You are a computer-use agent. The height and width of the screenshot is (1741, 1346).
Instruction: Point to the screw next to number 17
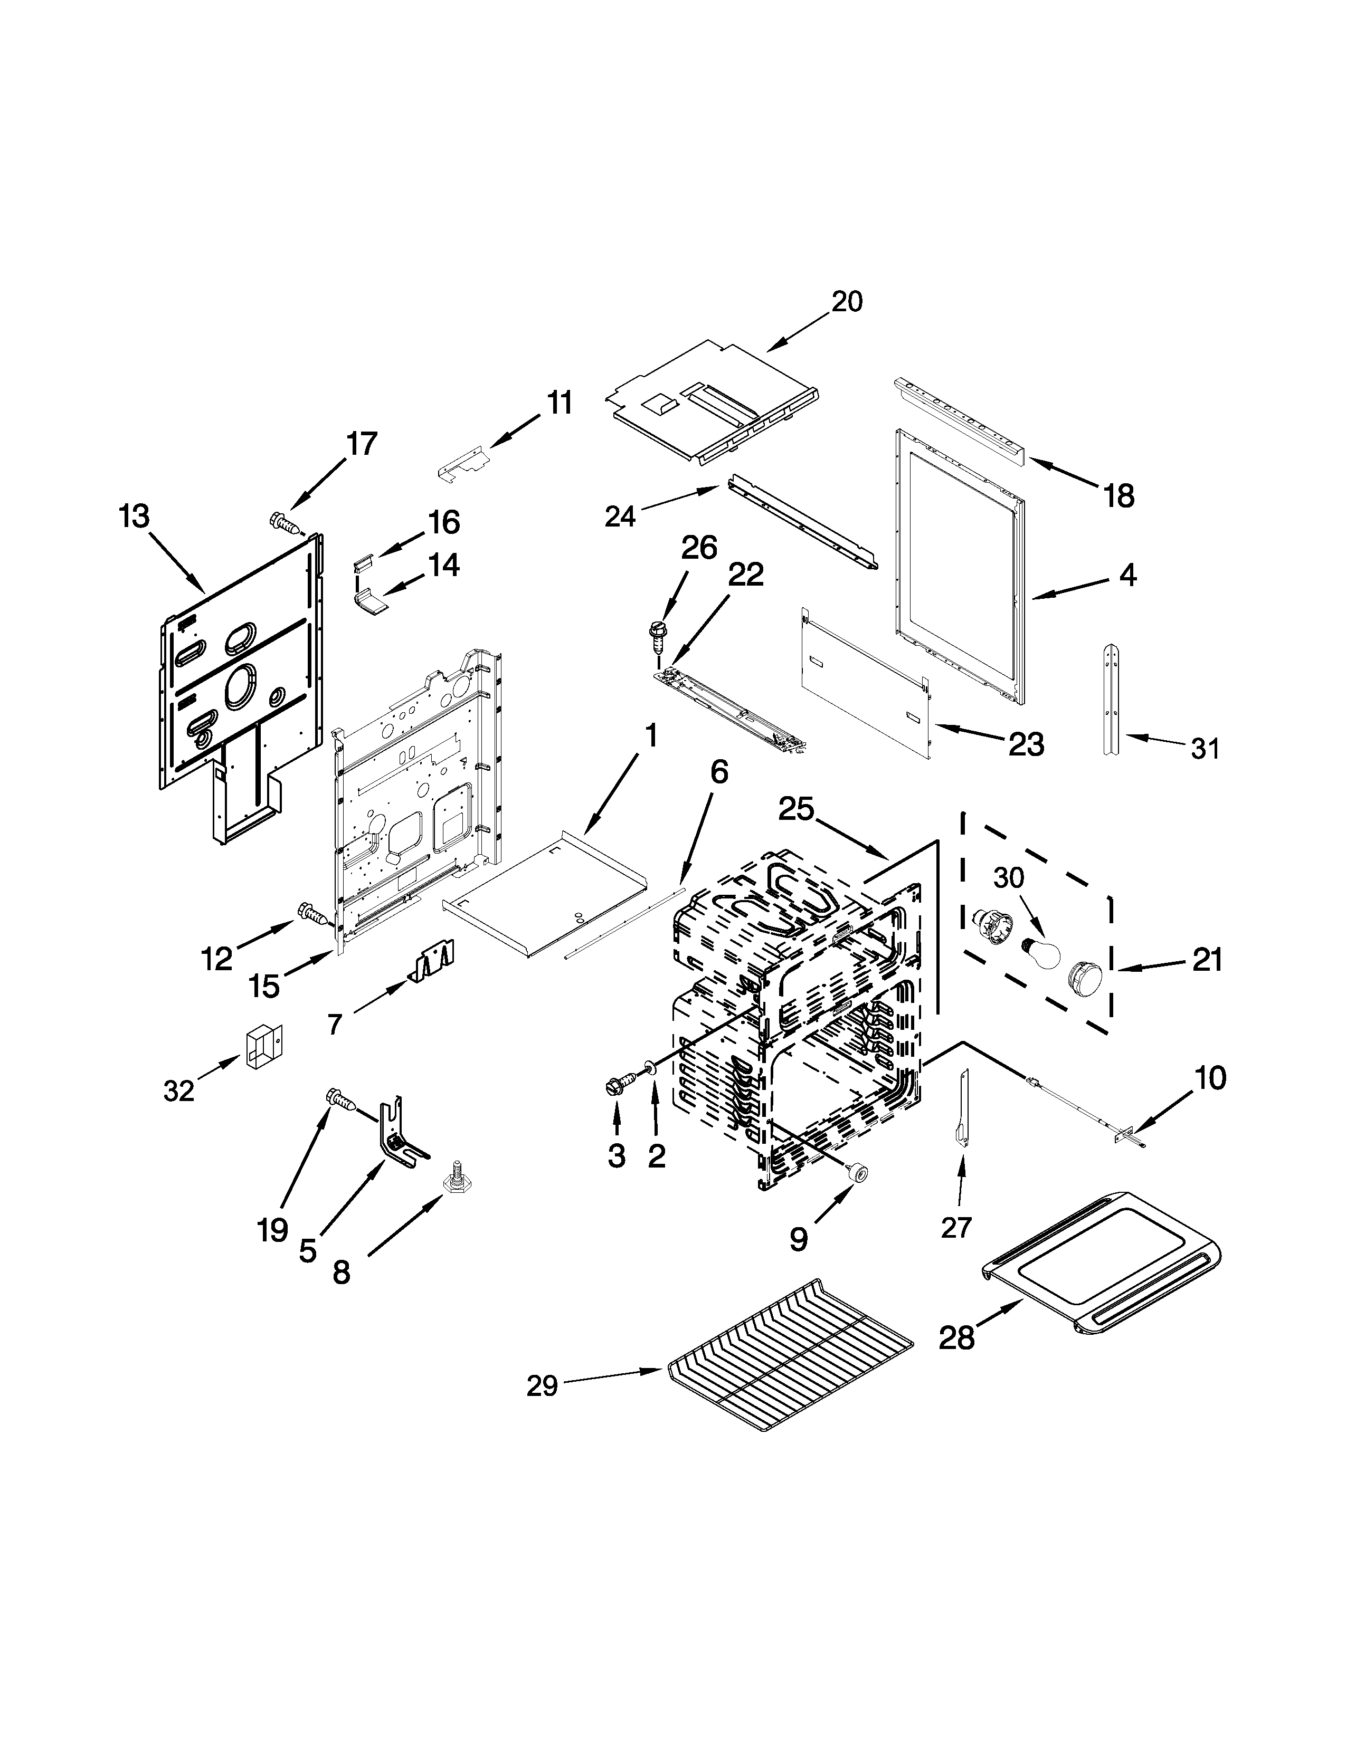pos(288,523)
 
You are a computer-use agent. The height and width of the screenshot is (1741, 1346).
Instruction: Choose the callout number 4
pos(1127,574)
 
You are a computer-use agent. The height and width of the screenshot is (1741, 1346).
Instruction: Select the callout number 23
pos(1026,744)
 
